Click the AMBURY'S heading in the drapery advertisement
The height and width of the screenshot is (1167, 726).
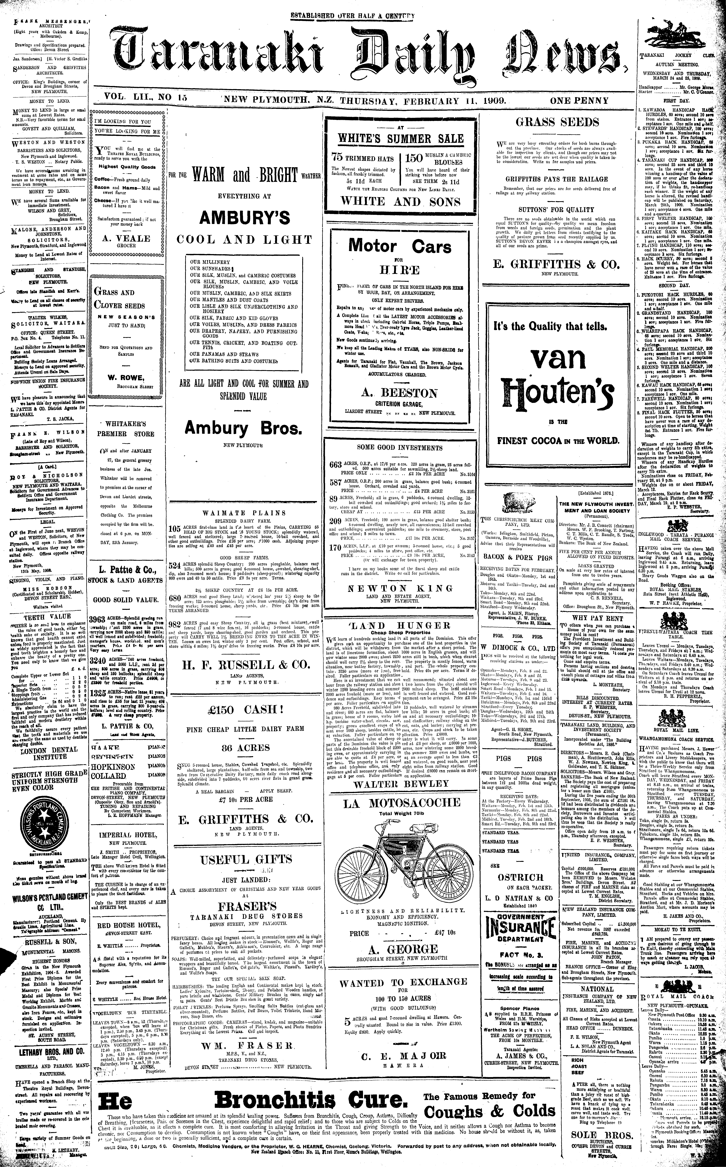point(245,218)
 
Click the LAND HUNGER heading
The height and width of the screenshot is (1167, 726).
point(400,625)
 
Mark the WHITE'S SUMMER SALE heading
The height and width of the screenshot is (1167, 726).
point(400,139)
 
